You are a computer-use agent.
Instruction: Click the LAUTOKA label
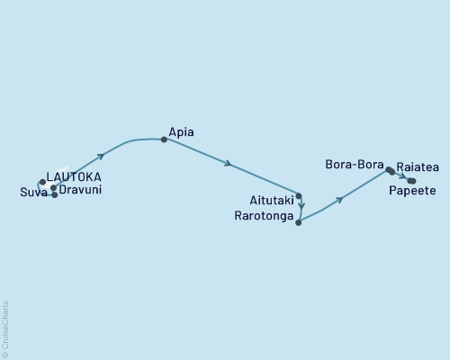tap(74, 176)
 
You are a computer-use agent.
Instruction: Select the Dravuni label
tap(80, 190)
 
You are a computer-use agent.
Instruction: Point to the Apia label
tap(181, 133)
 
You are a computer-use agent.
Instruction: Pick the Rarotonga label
tap(263, 217)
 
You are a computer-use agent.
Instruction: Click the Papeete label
tap(412, 192)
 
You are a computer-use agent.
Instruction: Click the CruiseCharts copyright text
tap(5, 328)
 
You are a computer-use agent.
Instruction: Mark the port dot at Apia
tap(164, 139)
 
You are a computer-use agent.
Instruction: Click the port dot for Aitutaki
tap(299, 196)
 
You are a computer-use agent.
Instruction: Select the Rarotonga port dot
tap(298, 221)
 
